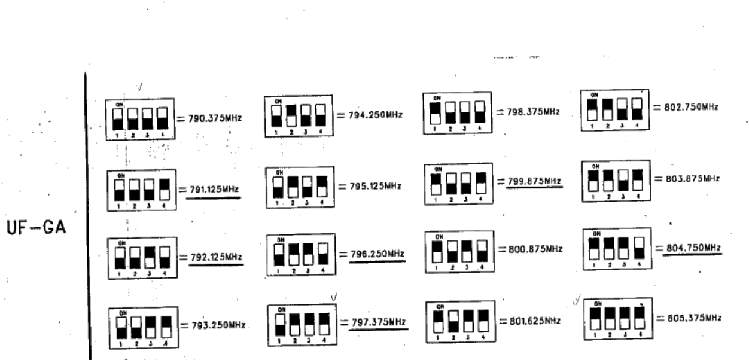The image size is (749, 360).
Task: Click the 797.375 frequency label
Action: (378, 322)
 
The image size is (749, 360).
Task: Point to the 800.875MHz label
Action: (534, 251)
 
